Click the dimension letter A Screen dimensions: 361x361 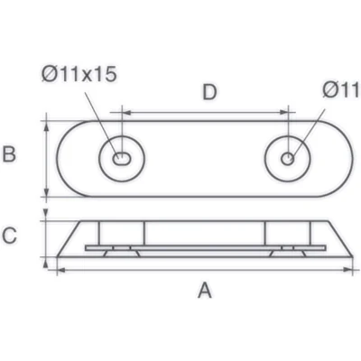(x=205, y=290)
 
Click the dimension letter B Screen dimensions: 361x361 (x=9, y=154)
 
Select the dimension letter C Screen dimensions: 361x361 (x=9, y=236)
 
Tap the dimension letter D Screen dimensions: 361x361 (x=209, y=92)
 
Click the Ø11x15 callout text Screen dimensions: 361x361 (x=79, y=74)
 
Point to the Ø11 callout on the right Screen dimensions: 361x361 (x=341, y=89)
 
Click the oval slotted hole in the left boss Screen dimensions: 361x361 (x=122, y=158)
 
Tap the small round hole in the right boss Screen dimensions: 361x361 (x=288, y=159)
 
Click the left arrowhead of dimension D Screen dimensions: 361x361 (x=126, y=113)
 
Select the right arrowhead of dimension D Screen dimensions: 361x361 (x=283, y=113)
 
